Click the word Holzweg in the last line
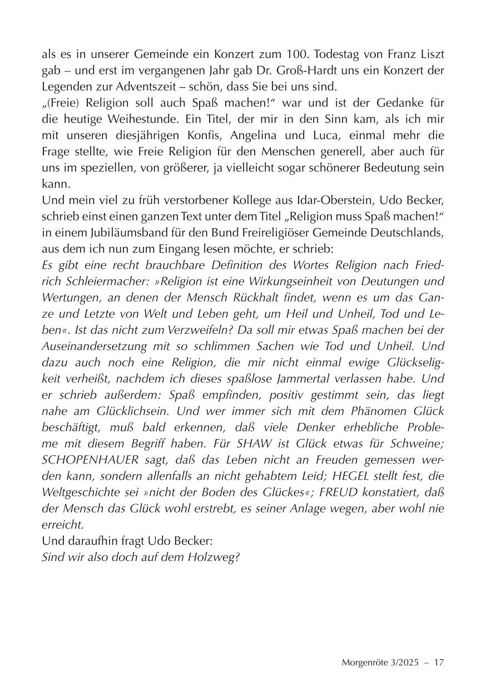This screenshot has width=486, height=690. click(214, 557)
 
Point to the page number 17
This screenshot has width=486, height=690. click(439, 663)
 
